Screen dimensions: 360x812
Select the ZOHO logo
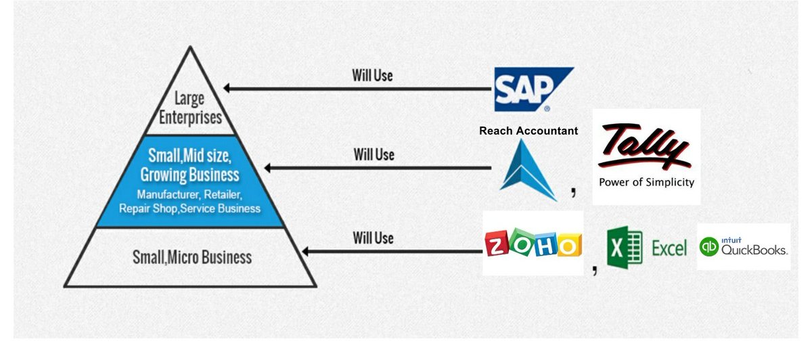[x=533, y=243]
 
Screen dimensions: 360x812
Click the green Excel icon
[x=624, y=247]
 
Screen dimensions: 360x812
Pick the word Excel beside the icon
[x=669, y=248]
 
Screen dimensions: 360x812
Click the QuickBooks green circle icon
[x=708, y=247]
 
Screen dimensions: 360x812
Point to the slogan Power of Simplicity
[x=646, y=182]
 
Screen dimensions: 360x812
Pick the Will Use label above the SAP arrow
[x=372, y=75]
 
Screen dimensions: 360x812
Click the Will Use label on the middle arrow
[x=374, y=155]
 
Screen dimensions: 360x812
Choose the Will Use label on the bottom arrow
[x=373, y=238]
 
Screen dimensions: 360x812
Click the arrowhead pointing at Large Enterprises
[x=229, y=88]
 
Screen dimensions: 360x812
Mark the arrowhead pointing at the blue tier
[x=269, y=168]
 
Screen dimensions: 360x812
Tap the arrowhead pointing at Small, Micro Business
[x=306, y=251]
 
